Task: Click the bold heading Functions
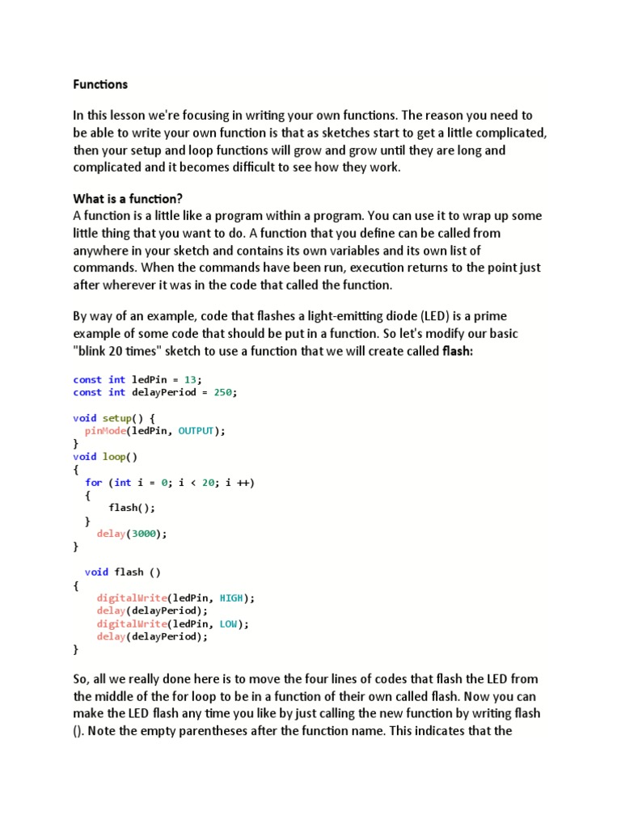click(100, 84)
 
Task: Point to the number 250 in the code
click(226, 392)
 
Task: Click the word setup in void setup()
click(116, 418)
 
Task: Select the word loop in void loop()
click(113, 457)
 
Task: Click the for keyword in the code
click(94, 483)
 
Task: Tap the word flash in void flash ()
click(129, 572)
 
